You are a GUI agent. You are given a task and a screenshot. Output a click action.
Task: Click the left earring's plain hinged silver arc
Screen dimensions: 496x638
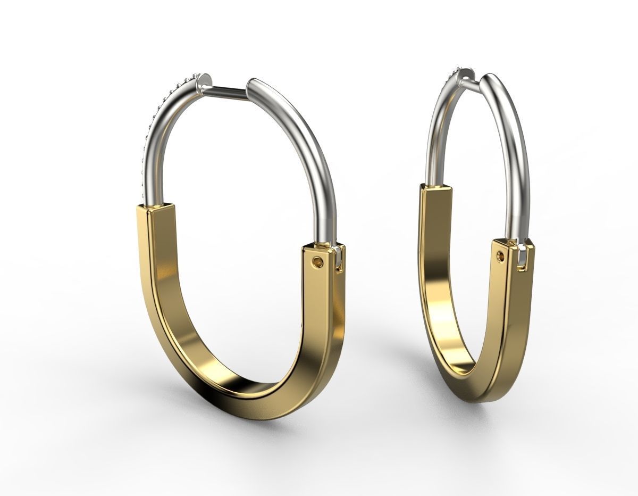click(314, 154)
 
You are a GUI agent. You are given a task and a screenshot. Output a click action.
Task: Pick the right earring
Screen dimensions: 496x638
click(476, 239)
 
